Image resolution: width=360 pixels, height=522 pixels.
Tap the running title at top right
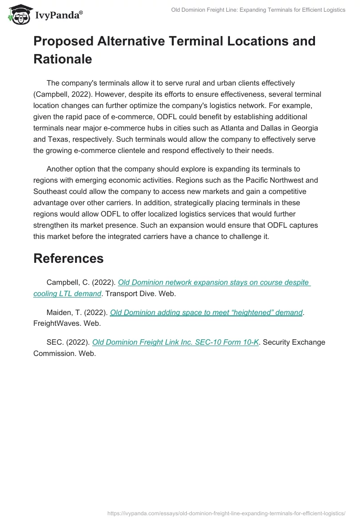click(258, 10)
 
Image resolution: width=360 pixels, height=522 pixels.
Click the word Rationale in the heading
click(63, 59)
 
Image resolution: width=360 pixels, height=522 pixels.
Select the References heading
click(68, 258)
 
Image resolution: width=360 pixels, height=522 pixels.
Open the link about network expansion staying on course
click(214, 283)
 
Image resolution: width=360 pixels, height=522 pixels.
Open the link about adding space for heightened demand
click(206, 312)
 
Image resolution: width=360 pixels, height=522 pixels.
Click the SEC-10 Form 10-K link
click(175, 342)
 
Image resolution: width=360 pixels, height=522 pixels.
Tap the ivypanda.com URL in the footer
click(226, 513)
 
